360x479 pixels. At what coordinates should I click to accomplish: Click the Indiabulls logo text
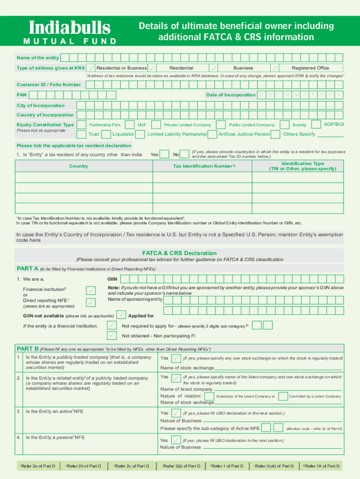[70, 28]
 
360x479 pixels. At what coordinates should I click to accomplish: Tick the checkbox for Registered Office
[275, 68]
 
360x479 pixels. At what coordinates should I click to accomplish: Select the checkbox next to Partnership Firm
[82, 125]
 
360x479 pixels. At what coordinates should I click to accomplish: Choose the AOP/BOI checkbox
[317, 124]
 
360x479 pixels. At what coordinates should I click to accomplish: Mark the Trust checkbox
[82, 134]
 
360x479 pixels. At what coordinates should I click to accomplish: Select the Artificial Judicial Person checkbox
[213, 134]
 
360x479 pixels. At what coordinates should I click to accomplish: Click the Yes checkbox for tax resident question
[166, 154]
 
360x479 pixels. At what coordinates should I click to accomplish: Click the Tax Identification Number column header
[204, 166]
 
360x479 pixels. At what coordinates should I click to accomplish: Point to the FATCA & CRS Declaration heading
[180, 253]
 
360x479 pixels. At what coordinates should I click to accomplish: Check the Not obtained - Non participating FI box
[112, 335]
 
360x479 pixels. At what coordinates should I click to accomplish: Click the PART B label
[28, 348]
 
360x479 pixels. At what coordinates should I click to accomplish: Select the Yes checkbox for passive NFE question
[176, 440]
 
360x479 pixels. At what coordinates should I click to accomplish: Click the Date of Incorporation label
[230, 95]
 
